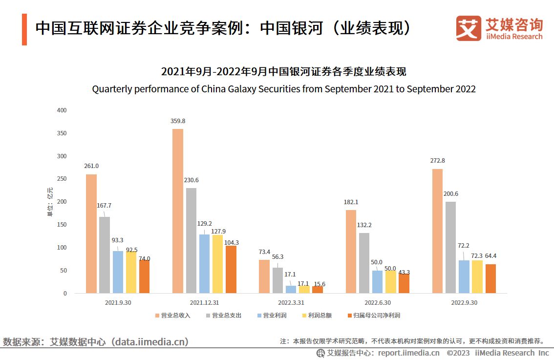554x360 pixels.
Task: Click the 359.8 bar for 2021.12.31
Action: tap(178, 211)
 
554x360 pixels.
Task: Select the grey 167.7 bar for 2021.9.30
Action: tap(105, 255)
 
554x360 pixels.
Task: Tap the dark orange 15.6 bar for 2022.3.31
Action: tap(318, 290)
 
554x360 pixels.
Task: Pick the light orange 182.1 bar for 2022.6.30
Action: tap(351, 252)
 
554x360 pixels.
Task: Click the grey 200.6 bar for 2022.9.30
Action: tap(450, 247)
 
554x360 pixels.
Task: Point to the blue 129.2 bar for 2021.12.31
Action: tap(204, 264)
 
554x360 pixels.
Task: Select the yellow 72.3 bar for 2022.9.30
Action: tap(477, 276)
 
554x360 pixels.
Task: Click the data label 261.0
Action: tap(91, 166)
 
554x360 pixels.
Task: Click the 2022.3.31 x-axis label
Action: tap(291, 303)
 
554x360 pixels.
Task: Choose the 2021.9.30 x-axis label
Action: tap(118, 303)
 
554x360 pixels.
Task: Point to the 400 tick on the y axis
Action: tap(62, 110)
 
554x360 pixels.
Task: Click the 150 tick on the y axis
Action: tap(62, 225)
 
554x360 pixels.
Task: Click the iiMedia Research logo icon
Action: tap(468, 28)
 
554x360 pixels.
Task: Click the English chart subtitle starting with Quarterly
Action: tap(283, 89)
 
